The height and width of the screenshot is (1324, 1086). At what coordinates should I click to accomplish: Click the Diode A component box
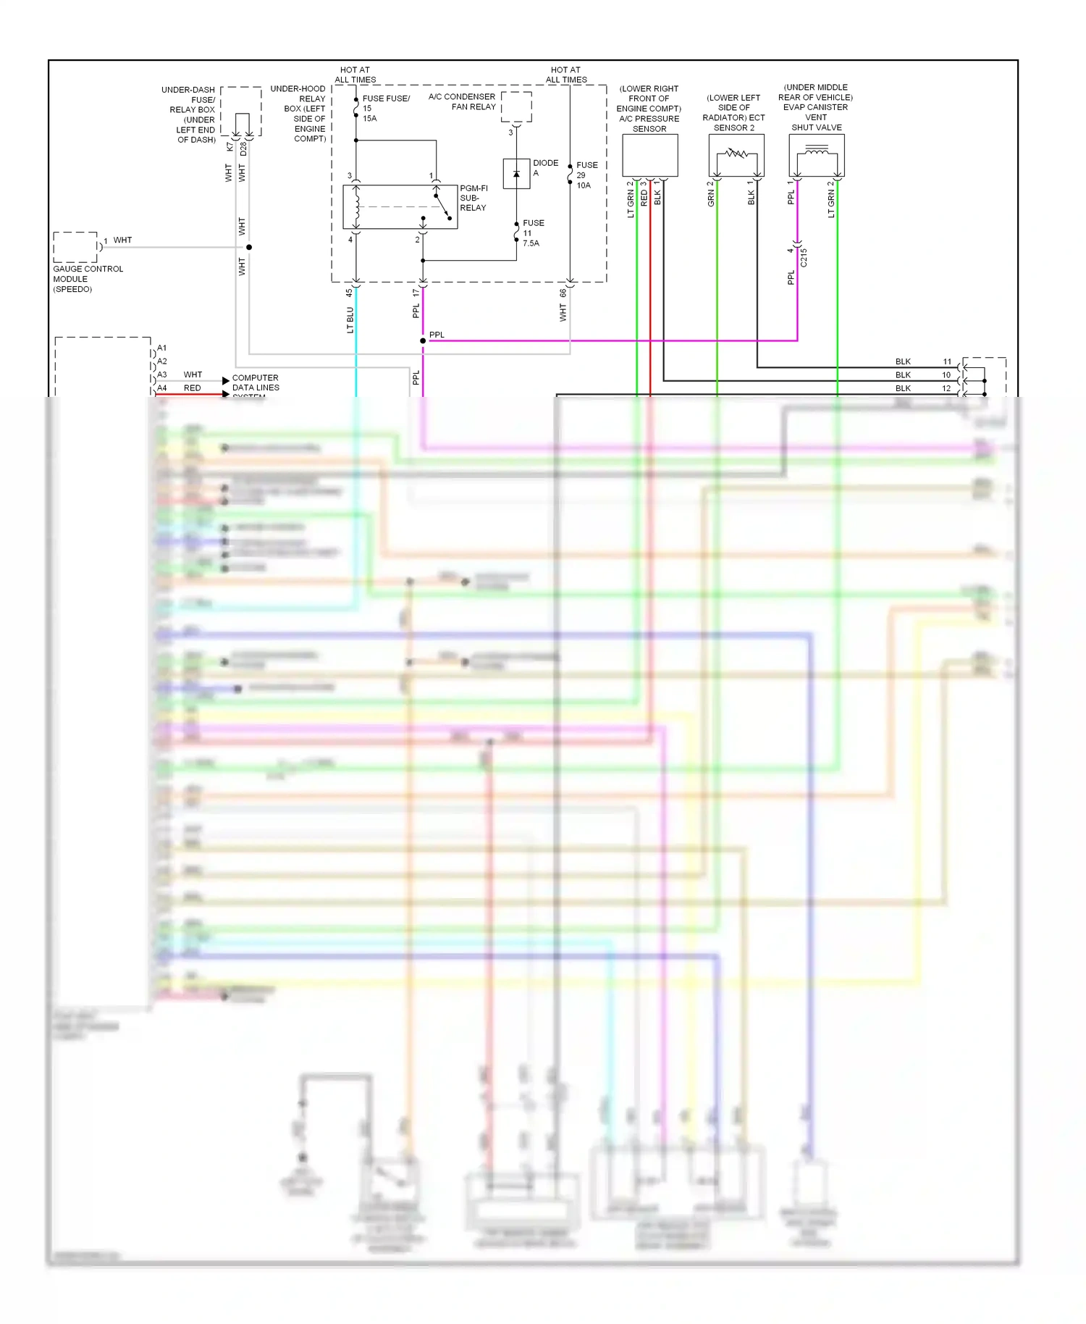click(516, 174)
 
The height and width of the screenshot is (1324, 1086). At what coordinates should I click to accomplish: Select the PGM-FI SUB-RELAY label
click(473, 198)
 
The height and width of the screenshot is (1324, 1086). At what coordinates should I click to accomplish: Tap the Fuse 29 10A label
click(586, 175)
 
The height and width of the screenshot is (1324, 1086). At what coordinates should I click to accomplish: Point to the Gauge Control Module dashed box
click(75, 247)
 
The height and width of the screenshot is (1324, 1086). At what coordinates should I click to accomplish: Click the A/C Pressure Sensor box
click(649, 155)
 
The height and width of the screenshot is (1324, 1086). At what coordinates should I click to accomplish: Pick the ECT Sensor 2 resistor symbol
click(736, 154)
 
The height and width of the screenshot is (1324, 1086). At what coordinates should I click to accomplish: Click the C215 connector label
click(804, 257)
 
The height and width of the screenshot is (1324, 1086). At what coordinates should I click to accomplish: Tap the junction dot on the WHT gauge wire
click(249, 247)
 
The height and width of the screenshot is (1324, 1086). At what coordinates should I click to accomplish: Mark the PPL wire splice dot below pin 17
click(423, 340)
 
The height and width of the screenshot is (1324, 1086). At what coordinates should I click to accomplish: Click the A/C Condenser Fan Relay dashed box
click(516, 106)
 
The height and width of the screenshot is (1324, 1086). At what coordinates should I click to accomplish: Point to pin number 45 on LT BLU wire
click(349, 293)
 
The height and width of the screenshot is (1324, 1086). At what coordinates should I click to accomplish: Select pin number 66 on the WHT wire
click(563, 293)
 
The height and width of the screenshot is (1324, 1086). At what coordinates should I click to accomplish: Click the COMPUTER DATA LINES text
click(255, 382)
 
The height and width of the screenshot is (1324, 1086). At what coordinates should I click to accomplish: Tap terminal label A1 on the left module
click(162, 348)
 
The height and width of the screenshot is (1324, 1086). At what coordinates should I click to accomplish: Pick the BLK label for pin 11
click(903, 361)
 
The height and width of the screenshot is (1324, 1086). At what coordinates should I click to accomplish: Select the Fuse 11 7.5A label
click(533, 233)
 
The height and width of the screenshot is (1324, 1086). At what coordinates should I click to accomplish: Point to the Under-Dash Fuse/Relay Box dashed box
click(241, 112)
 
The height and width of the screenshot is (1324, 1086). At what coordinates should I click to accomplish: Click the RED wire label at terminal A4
click(192, 388)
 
